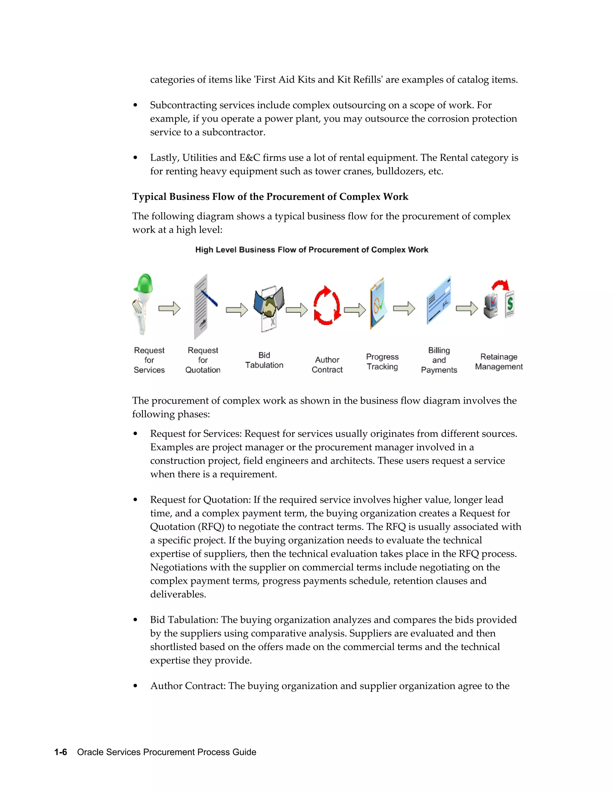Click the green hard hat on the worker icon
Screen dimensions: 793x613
coord(144,283)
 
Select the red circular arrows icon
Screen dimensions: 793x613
coord(327,306)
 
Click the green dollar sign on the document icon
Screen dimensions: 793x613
coord(510,303)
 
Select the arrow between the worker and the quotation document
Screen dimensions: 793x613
coord(169,309)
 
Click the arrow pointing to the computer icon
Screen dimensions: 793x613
coord(467,309)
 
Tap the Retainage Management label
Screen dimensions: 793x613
coord(499,362)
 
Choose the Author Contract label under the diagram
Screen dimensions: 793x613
coord(327,364)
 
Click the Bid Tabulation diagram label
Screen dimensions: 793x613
coord(264,360)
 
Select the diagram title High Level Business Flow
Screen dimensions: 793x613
coord(312,250)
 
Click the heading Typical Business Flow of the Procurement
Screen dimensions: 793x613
coord(270,197)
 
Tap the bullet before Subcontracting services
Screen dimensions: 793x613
coord(136,105)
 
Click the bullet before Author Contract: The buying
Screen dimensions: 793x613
coord(136,686)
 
